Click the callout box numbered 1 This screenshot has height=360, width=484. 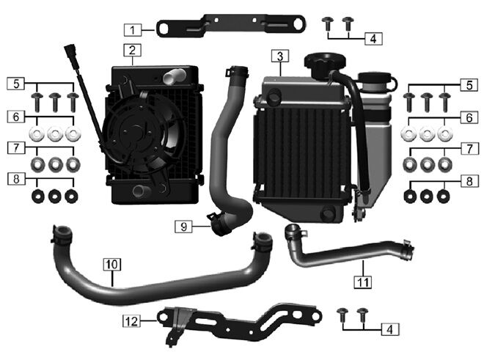pos(133,30)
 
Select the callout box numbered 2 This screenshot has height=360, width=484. pos(133,50)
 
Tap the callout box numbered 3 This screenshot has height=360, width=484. pos(280,56)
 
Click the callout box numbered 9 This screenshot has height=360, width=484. pos(183,227)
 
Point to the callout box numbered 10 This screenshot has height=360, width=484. pos(112,264)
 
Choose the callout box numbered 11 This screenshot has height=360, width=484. pos(363,282)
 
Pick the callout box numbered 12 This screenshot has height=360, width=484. pos(131,321)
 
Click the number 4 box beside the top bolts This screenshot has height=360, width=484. pos(373,39)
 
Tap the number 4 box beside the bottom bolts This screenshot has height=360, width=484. pos(390,329)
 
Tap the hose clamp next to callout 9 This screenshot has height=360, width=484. pos(219,223)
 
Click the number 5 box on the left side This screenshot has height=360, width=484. pos(16,84)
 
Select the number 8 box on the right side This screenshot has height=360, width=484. pos(469,181)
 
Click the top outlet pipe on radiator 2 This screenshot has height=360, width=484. pos(174,76)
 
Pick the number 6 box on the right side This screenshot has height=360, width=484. pos(469,117)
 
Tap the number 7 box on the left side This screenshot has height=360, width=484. pos(16,147)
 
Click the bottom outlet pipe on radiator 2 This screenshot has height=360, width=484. pos(141,191)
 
